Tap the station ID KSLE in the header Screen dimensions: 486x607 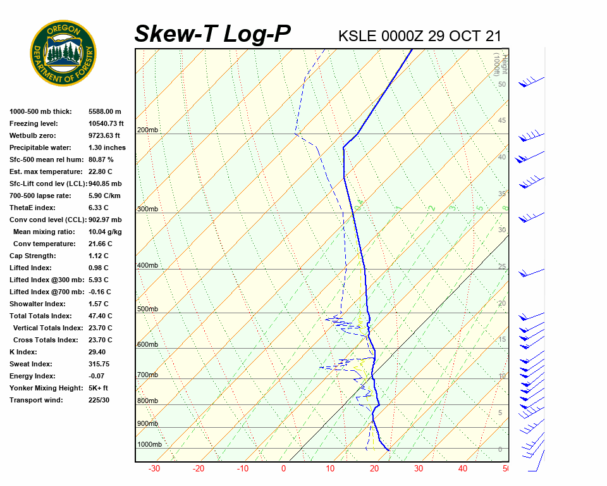click(x=358, y=35)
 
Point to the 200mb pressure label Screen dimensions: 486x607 click(x=147, y=130)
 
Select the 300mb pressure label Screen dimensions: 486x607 click(x=147, y=209)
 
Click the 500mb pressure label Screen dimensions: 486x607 click(x=147, y=309)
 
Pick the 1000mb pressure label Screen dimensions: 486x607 click(x=149, y=444)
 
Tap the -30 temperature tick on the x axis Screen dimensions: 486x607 click(x=154, y=469)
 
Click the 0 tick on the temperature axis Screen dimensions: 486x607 click(x=283, y=469)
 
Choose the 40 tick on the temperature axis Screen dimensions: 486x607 click(x=463, y=469)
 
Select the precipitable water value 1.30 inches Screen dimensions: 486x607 click(x=107, y=147)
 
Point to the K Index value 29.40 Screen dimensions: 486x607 click(x=97, y=352)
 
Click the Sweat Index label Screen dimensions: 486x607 click(x=31, y=364)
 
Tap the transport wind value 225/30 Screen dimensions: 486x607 click(x=99, y=400)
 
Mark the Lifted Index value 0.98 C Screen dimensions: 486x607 click(x=98, y=268)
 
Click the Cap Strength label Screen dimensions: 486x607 click(x=32, y=256)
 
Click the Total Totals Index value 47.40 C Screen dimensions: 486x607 click(x=100, y=316)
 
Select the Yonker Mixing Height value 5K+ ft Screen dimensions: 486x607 click(x=98, y=388)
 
